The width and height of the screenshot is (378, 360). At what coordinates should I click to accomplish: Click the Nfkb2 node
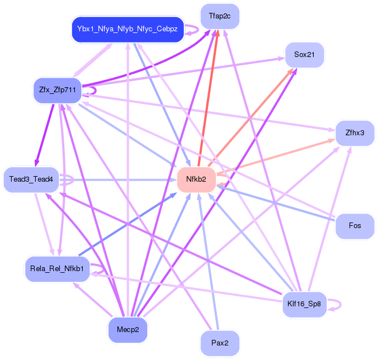[196, 179]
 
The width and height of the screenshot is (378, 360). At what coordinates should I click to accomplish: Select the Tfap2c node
[220, 16]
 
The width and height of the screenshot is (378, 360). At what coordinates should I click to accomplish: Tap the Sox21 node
[305, 55]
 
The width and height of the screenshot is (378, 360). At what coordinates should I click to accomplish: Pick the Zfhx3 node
[355, 133]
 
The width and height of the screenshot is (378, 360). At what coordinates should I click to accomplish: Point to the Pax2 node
[220, 343]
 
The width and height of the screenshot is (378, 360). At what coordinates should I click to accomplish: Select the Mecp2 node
[127, 329]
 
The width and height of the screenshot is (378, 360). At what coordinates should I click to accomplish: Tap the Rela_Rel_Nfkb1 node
[57, 269]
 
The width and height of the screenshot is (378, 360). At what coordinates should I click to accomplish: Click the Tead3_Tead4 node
[31, 179]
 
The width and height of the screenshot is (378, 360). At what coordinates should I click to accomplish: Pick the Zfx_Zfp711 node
[58, 89]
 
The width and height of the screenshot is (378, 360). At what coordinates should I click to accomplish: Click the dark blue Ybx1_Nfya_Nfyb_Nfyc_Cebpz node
[127, 29]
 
